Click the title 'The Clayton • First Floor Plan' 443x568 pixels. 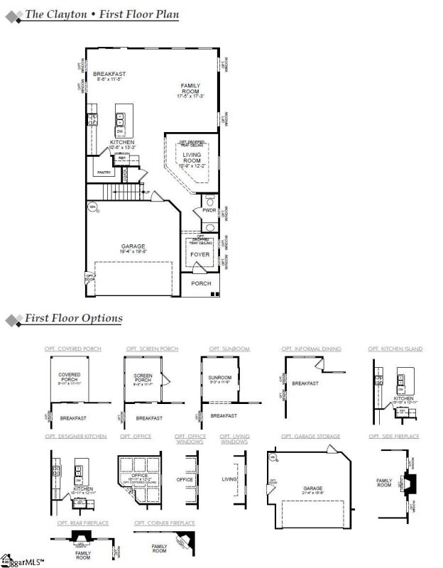tap(102, 14)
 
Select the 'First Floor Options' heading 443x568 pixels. tap(73, 319)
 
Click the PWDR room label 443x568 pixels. tap(209, 210)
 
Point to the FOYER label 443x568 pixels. tap(200, 253)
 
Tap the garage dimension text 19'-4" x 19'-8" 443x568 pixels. tap(133, 251)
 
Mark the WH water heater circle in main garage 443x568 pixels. tap(92, 207)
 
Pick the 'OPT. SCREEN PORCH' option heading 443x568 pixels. tap(152, 349)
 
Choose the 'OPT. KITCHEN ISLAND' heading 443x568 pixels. tap(395, 349)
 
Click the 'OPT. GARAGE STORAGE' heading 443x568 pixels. tap(310, 436)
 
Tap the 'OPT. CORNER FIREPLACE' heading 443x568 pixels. tap(164, 523)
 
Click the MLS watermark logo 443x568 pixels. tap(21, 561)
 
